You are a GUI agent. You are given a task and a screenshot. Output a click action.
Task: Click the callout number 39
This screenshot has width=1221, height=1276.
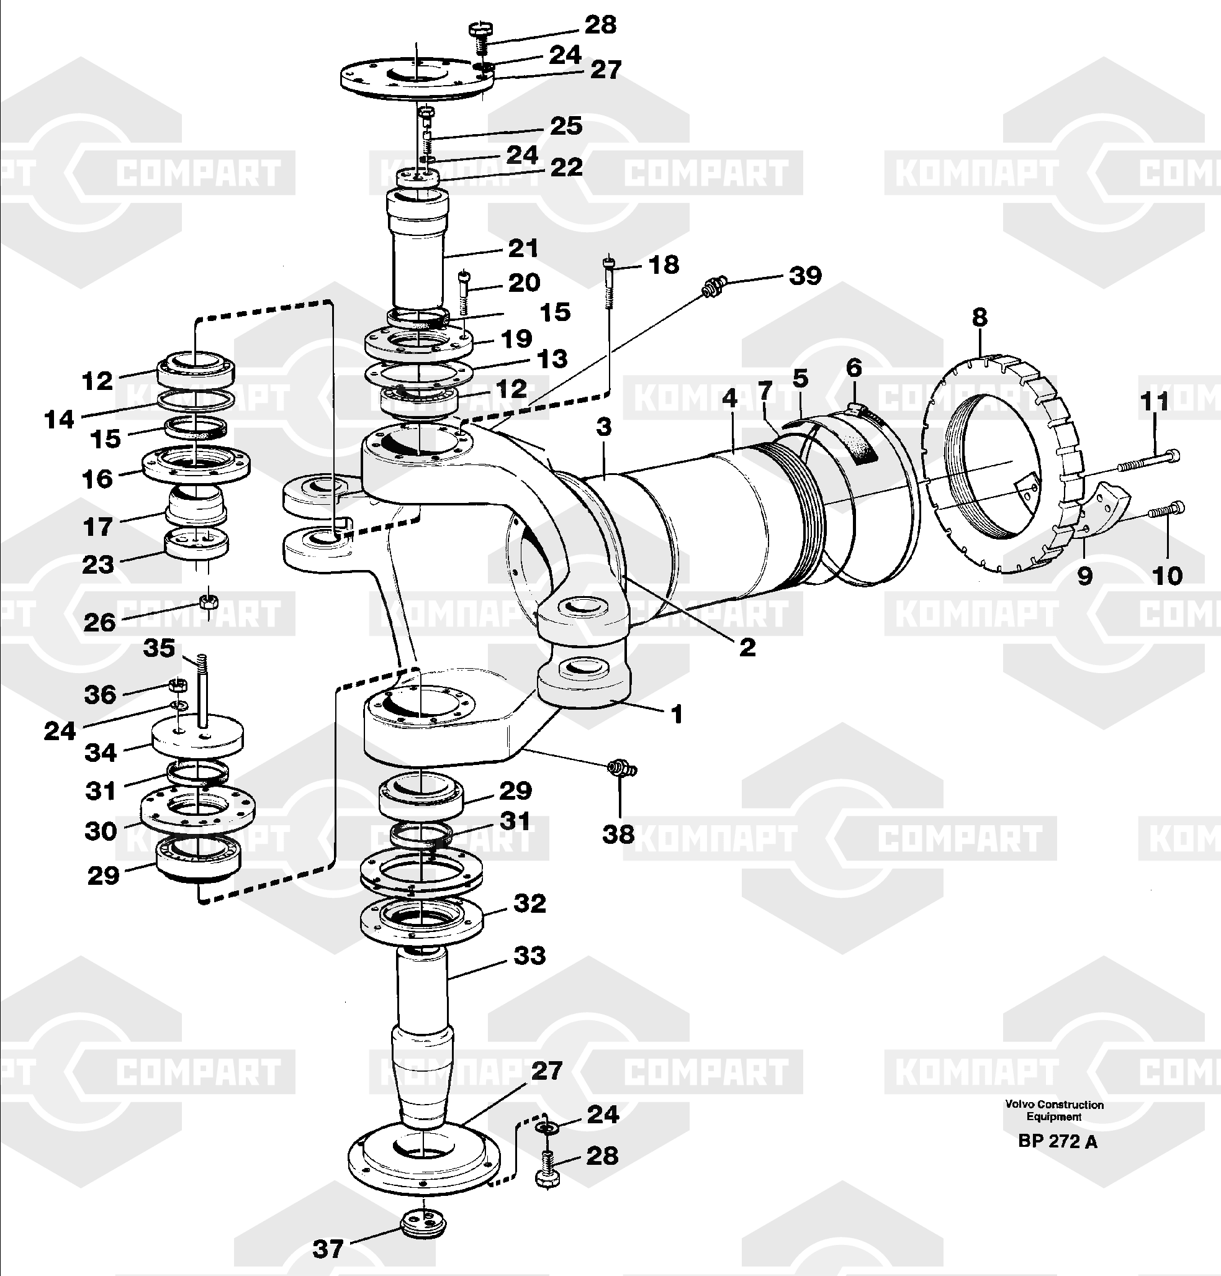[x=805, y=276]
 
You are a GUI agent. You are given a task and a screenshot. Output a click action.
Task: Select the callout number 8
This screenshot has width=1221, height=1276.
[x=980, y=318]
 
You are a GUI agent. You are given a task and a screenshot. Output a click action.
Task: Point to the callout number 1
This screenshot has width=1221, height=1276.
[x=676, y=714]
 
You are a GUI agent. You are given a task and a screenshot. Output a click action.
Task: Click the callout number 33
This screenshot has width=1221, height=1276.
[x=529, y=956]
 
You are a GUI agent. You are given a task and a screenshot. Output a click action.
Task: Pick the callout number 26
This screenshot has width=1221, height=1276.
[x=99, y=622]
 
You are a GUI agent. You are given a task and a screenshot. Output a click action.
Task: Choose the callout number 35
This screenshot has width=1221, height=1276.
[x=160, y=648]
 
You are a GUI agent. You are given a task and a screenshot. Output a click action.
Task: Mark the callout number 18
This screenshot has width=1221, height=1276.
[x=664, y=265]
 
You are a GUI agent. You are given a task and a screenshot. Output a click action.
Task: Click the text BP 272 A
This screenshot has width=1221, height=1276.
[x=1058, y=1141]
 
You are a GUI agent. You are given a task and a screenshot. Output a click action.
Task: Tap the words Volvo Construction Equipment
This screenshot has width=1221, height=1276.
[x=1055, y=1111]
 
